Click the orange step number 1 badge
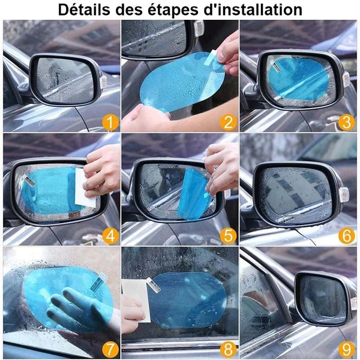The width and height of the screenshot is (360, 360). [x=110, y=122]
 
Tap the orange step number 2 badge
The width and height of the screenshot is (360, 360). [x=228, y=122]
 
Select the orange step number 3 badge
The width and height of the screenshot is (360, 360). [x=346, y=122]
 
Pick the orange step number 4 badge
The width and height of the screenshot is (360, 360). [x=110, y=236]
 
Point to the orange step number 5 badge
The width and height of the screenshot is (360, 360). [x=228, y=236]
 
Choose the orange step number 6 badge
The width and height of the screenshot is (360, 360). [x=346, y=236]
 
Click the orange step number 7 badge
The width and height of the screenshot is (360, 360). [x=110, y=350]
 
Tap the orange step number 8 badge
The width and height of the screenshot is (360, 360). [x=228, y=350]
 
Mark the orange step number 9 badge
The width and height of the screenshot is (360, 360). [x=346, y=350]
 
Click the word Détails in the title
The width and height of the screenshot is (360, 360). [x=84, y=10]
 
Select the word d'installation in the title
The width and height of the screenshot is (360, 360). [x=253, y=10]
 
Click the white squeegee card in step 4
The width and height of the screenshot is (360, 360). [x=85, y=187]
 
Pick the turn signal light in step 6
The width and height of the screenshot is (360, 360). [x=343, y=194]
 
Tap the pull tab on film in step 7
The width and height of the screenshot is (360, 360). [x=99, y=283]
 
